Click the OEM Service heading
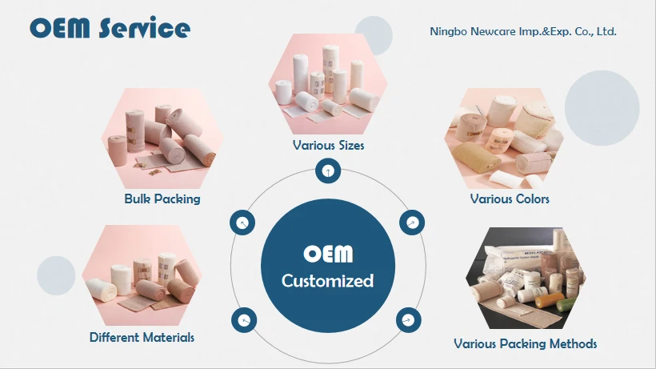pyautogui.click(x=110, y=28)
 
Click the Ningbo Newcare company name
pyautogui.click(x=523, y=31)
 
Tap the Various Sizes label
pyautogui.click(x=329, y=145)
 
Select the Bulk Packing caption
pyautogui.click(x=162, y=199)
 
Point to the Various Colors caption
pyautogui.click(x=510, y=199)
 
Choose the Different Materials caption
pyautogui.click(x=142, y=337)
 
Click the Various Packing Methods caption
pyautogui.click(x=525, y=344)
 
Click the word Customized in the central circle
pyautogui.click(x=327, y=281)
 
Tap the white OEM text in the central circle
pyautogui.click(x=328, y=254)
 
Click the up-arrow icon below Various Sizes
pyautogui.click(x=328, y=170)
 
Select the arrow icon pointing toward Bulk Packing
pyautogui.click(x=242, y=223)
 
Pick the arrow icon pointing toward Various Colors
pyautogui.click(x=412, y=223)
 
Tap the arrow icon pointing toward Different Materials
pyautogui.click(x=244, y=320)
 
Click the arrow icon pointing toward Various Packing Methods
pyautogui.click(x=408, y=320)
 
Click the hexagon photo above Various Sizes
pyautogui.click(x=328, y=84)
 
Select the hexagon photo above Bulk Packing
pyautogui.click(x=162, y=138)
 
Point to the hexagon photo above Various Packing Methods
pyautogui.click(x=526, y=279)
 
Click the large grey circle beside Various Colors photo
pyautogui.click(x=602, y=108)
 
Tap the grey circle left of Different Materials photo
pyautogui.click(x=56, y=275)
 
